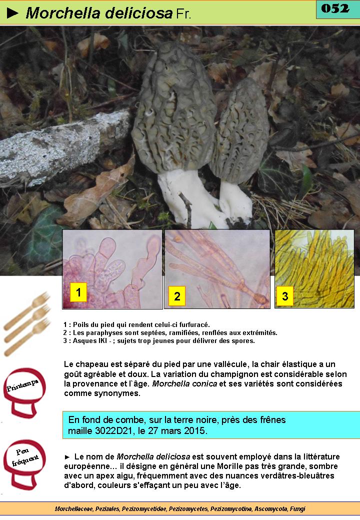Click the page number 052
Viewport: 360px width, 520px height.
point(335,8)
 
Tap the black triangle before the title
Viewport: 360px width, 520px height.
point(12,13)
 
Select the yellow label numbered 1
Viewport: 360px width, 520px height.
point(78,292)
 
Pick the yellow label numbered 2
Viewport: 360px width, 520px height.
point(177,296)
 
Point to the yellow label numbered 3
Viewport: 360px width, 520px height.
point(285,296)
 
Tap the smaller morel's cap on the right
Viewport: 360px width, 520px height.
point(240,130)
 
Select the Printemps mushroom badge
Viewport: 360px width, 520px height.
point(24,392)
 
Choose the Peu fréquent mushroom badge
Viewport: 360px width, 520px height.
point(24,464)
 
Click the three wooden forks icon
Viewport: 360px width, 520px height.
point(26,323)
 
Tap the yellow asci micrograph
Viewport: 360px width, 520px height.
point(314,268)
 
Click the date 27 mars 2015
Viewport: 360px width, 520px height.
point(181,431)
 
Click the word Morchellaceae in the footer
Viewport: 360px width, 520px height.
point(74,508)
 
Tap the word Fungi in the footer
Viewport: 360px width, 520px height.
point(297,508)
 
